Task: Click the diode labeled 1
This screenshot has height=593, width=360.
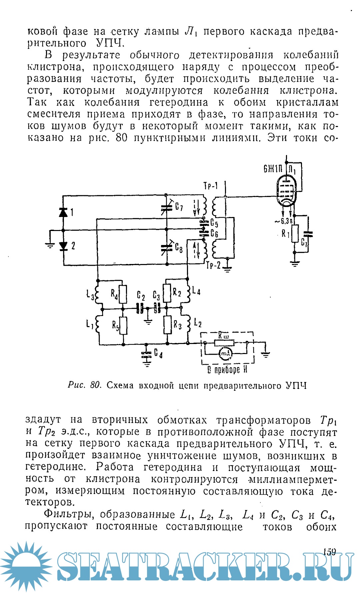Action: coord(63,212)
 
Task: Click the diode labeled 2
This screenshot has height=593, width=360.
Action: coord(63,246)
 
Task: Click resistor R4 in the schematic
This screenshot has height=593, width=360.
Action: coord(123,294)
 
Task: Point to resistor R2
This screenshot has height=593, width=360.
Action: coord(167,293)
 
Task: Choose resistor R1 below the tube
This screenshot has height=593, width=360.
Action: coord(295,234)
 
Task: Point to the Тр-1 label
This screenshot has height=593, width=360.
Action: coord(210,186)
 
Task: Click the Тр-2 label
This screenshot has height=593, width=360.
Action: coord(213,266)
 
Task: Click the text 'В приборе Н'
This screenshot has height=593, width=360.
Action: coord(227,370)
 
